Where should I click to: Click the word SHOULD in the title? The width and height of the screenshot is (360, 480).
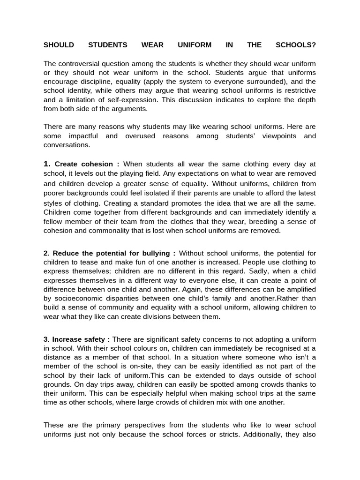59,45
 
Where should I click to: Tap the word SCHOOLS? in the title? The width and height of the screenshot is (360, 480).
296,45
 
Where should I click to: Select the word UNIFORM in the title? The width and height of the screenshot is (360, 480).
195,45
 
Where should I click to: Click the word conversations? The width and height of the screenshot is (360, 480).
67,145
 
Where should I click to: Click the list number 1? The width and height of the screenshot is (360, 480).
46,164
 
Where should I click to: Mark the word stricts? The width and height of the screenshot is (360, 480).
227,434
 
